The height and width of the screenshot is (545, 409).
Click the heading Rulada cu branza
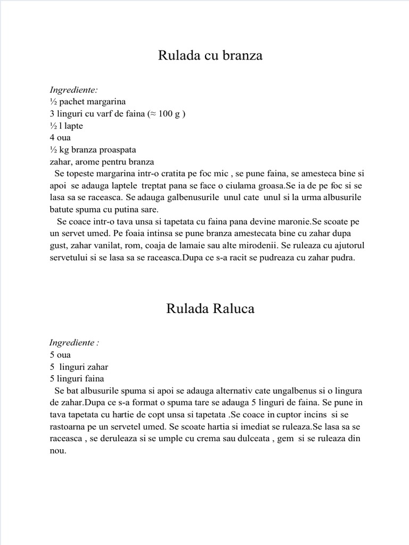point(210,55)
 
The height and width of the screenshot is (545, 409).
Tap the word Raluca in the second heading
point(233,309)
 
